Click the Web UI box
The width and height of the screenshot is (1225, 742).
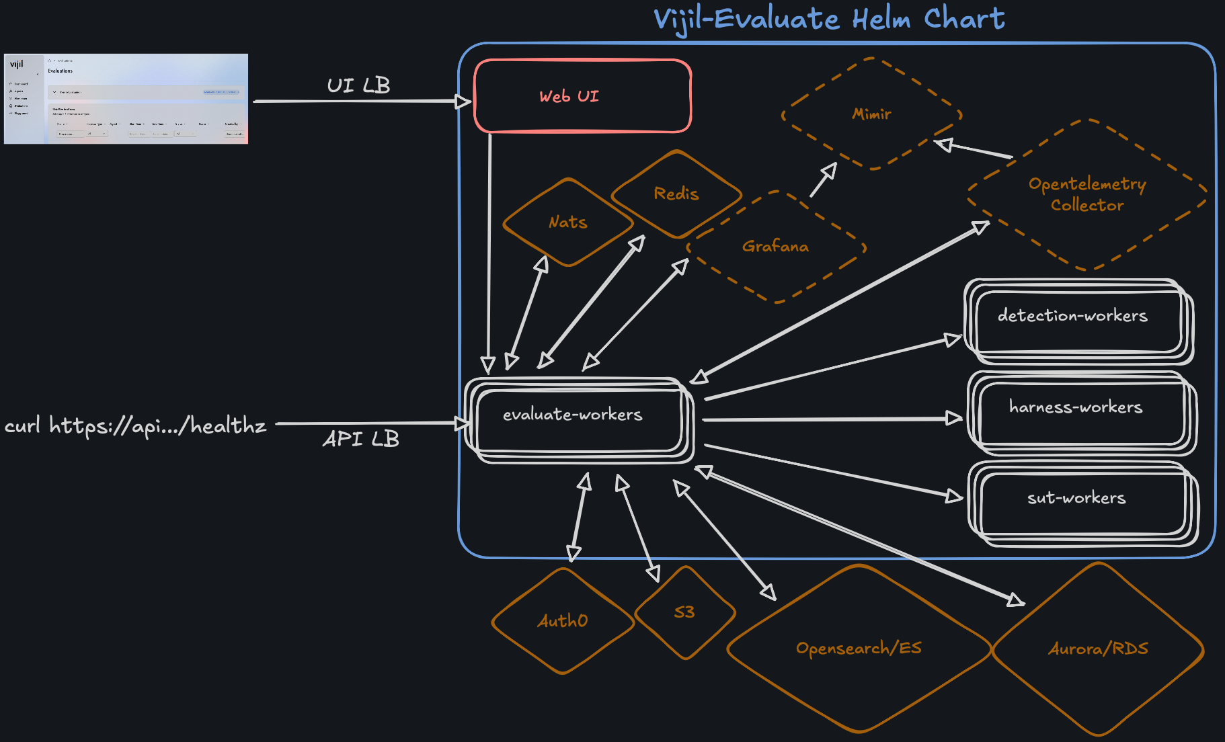point(582,96)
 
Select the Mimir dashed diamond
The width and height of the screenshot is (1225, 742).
point(871,114)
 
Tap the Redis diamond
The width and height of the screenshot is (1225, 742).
point(676,194)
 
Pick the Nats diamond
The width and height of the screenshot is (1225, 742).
point(568,222)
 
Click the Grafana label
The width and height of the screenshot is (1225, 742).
point(775,247)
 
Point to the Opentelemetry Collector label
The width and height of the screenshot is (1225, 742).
point(1087,194)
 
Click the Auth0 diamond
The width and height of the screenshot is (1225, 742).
point(563,621)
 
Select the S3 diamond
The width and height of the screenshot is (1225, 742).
point(684,612)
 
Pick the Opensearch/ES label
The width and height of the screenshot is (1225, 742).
point(859,648)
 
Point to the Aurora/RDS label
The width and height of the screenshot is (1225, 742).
point(1098,649)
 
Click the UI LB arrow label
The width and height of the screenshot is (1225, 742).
point(358,85)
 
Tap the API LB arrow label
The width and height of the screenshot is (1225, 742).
point(361,439)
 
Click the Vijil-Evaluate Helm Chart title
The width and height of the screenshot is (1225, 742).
point(829,19)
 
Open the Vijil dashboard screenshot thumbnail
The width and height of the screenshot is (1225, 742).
point(126,98)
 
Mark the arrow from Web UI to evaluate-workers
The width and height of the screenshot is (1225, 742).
point(489,255)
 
